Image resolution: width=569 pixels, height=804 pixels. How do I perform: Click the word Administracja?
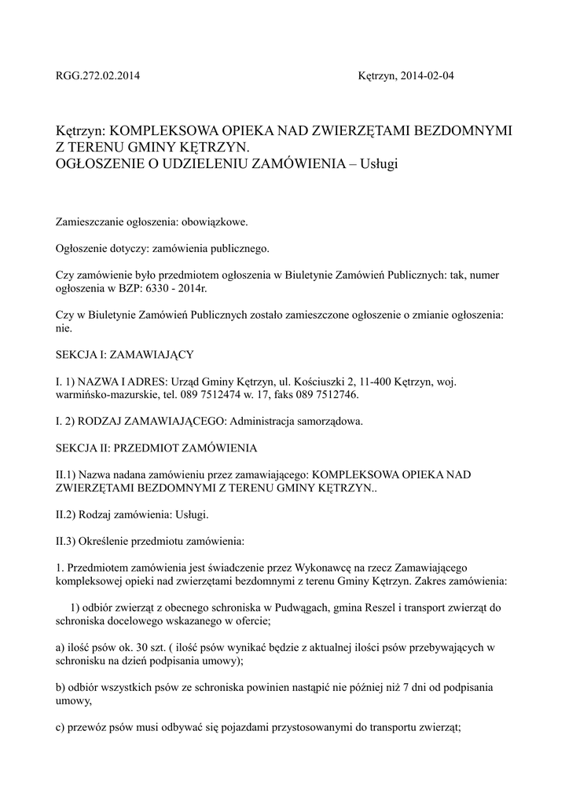pyautogui.click(x=262, y=421)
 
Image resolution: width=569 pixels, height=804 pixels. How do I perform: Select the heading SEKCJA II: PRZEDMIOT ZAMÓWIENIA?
pyautogui.click(x=156, y=448)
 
